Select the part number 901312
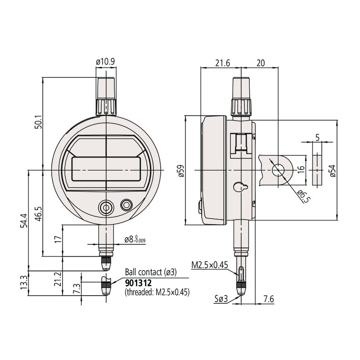point(139,283)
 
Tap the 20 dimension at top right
point(260,63)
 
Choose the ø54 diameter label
point(333,171)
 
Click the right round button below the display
point(126,205)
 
